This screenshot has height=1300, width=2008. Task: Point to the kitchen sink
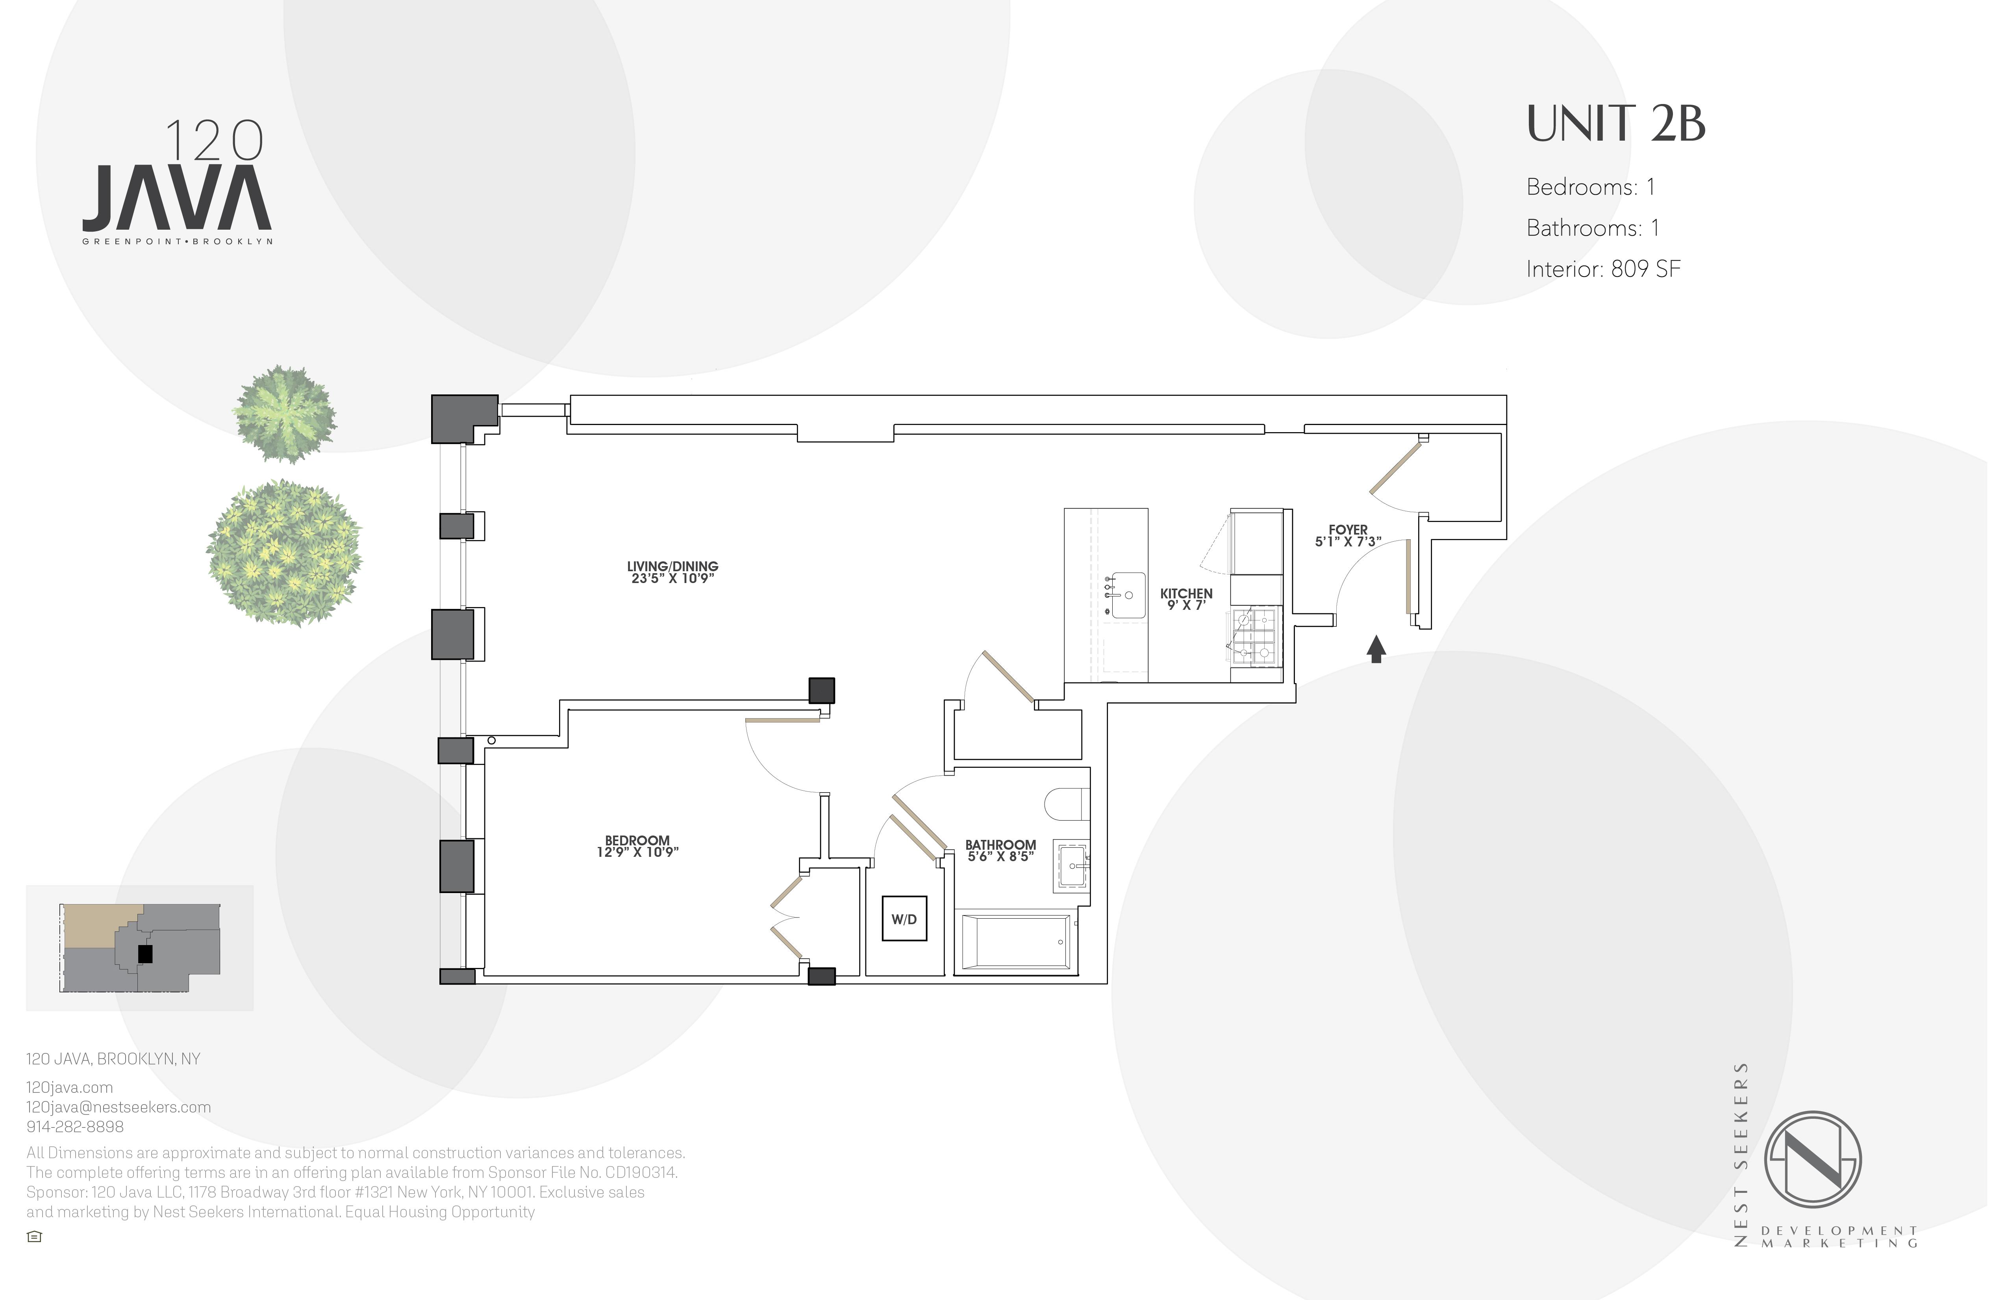[1128, 595]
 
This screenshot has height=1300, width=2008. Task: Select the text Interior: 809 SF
[1603, 269]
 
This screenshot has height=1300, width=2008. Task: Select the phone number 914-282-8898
[75, 1127]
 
